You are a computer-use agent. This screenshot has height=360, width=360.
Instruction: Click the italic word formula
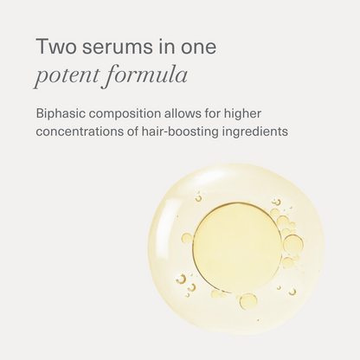click(145, 77)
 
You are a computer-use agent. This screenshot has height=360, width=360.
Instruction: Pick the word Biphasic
click(61, 114)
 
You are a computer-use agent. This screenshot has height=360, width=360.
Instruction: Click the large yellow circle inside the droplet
click(236, 247)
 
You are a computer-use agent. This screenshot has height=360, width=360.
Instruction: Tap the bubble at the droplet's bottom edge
click(248, 301)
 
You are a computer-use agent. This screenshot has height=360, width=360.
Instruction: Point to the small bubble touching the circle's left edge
click(186, 238)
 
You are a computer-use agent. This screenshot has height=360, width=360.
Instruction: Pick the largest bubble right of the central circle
click(293, 243)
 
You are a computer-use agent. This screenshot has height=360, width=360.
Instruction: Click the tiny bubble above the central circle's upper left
click(198, 198)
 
